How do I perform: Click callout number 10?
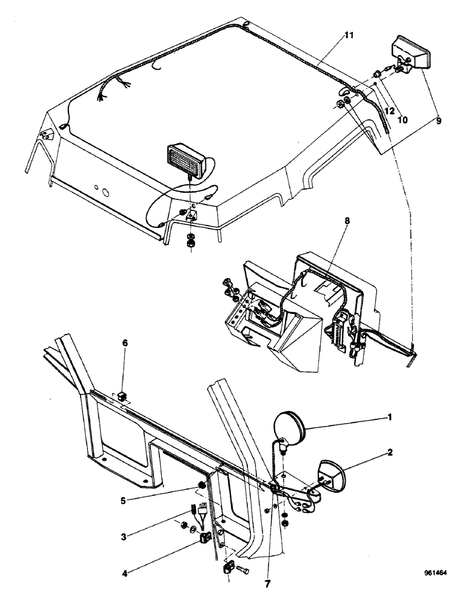click(x=403, y=119)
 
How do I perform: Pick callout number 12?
click(x=389, y=111)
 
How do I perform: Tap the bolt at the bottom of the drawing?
click(x=244, y=571)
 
